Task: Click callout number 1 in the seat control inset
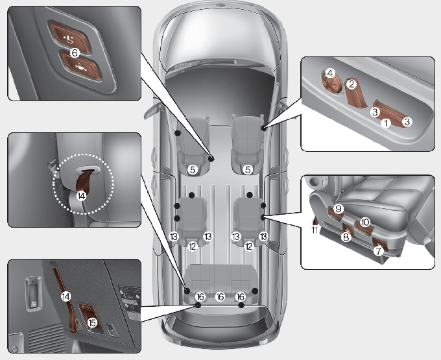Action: tap(386, 123)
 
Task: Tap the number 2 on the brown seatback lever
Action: tap(352, 84)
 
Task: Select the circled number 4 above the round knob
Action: tap(330, 74)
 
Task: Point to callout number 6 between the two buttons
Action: tap(75, 53)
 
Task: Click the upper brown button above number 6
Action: tap(69, 36)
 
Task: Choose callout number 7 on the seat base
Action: tap(378, 250)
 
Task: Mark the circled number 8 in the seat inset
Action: tap(346, 237)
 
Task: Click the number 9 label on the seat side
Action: tap(339, 209)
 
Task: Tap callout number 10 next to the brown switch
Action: tap(365, 222)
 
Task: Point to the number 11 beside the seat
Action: tap(315, 230)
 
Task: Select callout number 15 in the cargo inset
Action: tap(92, 323)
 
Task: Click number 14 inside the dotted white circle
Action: tap(81, 196)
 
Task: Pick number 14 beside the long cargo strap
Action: tap(66, 296)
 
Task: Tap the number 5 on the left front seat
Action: tap(193, 169)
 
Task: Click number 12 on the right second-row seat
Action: tap(249, 246)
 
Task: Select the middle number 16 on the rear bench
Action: tap(220, 296)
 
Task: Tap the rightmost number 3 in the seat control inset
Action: tap(407, 122)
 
